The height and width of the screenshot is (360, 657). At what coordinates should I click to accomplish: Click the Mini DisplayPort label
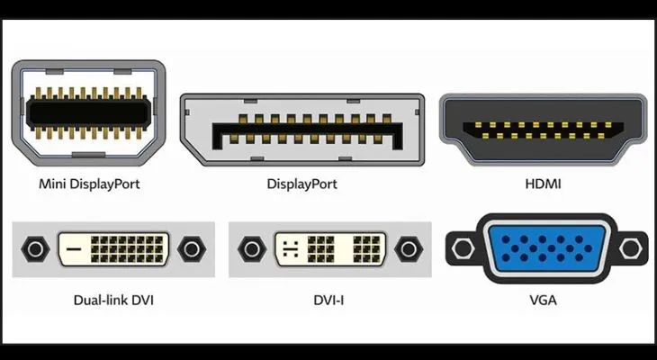pos(89,184)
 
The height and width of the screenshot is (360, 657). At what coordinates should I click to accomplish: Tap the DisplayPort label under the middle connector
pos(302,184)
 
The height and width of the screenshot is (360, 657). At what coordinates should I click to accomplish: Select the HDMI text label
pos(544,184)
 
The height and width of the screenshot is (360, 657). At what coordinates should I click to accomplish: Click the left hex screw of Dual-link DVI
pos(35,249)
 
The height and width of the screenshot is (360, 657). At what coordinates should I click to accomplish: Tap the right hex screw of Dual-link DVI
pos(191,249)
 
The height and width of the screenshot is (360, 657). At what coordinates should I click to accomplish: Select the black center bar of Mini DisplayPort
pos(87,112)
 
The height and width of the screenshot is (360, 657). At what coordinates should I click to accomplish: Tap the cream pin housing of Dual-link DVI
pos(135,249)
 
